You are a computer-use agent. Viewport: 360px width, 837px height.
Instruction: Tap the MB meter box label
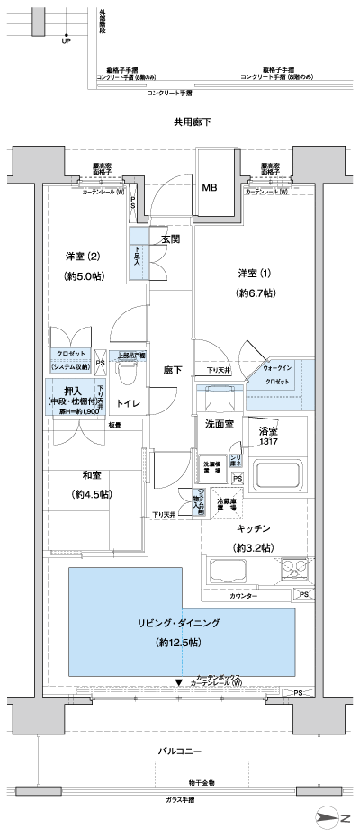tap(209, 188)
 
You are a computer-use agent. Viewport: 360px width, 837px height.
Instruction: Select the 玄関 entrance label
tap(171, 238)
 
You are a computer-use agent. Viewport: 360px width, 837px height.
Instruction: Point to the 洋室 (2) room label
tap(81, 256)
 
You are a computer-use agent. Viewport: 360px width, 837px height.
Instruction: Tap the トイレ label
tap(127, 404)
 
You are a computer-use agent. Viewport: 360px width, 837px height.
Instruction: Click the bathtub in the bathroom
tap(280, 473)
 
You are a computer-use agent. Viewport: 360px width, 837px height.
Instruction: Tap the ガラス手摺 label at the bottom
tap(184, 797)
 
